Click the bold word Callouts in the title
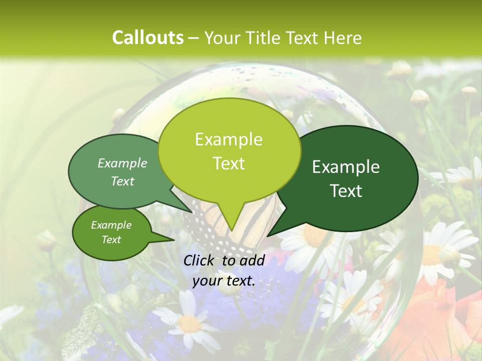tap(148, 38)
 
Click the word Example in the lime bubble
tap(228, 139)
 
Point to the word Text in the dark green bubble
tap(346, 191)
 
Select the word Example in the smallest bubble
tap(111, 225)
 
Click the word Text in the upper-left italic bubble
tap(123, 182)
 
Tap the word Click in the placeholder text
tap(200, 260)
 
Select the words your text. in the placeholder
tap(224, 281)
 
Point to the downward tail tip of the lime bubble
tap(231, 231)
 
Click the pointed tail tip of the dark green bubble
tap(268, 236)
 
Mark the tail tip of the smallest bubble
tap(174, 240)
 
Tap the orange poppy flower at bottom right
tap(432, 316)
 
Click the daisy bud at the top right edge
tap(469, 92)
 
